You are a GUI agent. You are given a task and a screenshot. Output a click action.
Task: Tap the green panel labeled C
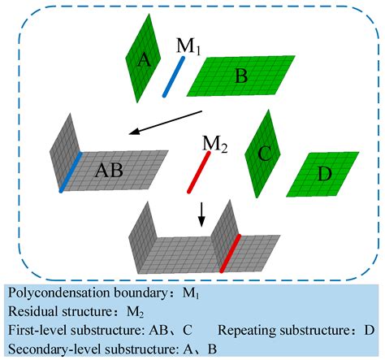262,150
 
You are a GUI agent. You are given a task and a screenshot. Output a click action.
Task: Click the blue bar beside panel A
174,76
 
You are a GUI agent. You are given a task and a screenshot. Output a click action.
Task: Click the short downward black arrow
202,215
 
